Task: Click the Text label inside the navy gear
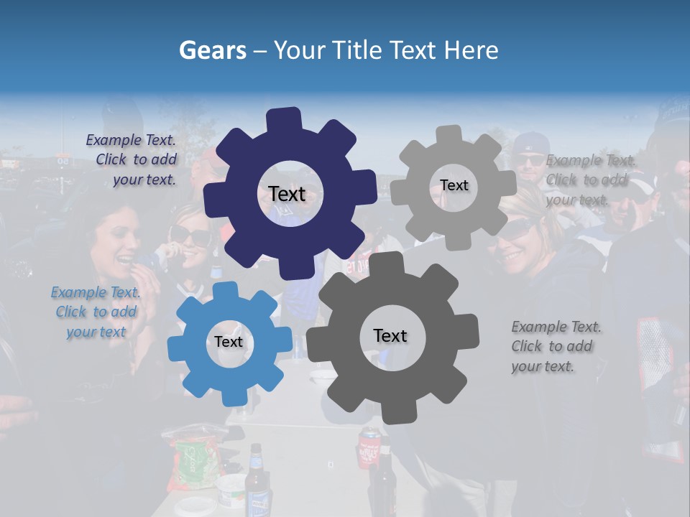(x=287, y=194)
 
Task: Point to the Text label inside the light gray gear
(x=454, y=185)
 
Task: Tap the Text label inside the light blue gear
(x=228, y=342)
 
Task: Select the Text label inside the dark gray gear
(x=390, y=335)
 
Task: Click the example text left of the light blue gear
(x=96, y=312)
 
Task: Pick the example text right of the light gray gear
(x=591, y=180)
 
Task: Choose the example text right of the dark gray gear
(x=556, y=346)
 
